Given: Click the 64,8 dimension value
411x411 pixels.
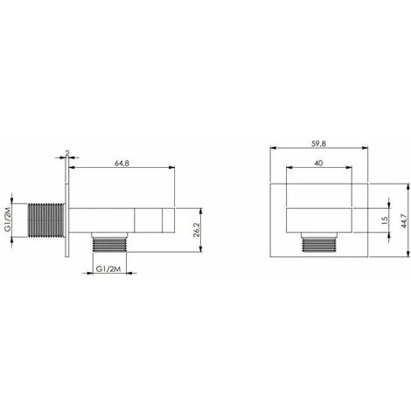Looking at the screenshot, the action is (122, 164).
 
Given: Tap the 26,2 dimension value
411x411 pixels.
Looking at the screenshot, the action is (197, 230).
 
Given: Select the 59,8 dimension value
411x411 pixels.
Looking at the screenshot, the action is (318, 143).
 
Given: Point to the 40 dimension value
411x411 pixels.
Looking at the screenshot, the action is (318, 164).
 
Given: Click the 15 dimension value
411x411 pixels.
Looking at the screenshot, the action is (385, 219).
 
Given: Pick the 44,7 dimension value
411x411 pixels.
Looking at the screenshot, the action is (404, 221).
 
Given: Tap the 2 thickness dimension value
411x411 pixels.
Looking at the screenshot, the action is (67, 153).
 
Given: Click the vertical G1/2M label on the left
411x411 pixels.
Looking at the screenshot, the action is (8, 219).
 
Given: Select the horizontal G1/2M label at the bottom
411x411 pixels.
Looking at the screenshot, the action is (108, 269).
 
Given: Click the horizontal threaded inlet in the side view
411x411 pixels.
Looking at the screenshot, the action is (46, 219).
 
